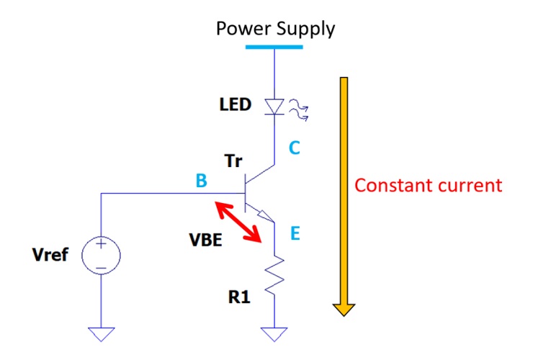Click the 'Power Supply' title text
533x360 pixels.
point(276,29)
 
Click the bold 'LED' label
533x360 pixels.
point(236,105)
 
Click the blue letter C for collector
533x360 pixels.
point(295,148)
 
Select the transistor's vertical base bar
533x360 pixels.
point(245,193)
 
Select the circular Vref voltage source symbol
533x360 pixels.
point(101,256)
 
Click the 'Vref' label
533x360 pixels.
point(53,255)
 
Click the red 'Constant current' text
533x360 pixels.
point(428,185)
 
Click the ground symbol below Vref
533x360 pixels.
point(101,333)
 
